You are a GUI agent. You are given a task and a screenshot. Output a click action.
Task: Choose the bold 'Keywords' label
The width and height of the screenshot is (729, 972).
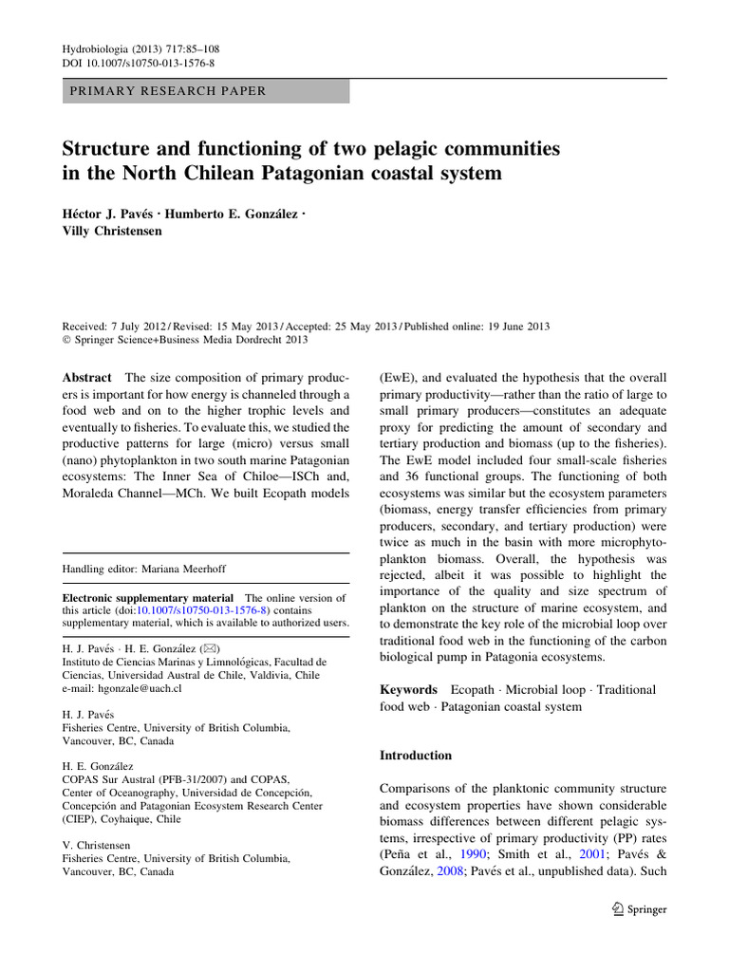(x=408, y=690)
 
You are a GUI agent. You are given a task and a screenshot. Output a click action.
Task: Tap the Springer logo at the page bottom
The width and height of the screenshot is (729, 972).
(x=639, y=909)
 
